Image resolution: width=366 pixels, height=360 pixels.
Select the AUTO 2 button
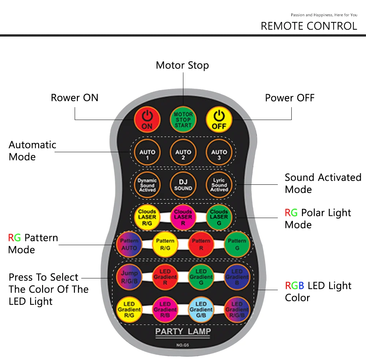tap(183, 154)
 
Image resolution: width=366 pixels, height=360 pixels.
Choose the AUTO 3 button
tap(219, 154)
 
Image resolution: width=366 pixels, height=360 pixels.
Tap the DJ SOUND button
tap(183, 185)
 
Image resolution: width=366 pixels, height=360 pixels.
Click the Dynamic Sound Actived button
tap(147, 185)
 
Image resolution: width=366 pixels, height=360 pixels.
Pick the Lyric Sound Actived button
tap(219, 185)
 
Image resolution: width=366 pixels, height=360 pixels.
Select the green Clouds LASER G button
tap(219, 217)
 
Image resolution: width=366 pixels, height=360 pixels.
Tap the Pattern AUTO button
tap(129, 244)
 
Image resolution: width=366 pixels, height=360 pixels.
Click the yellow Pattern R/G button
tap(165, 244)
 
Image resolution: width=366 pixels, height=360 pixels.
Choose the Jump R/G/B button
tap(129, 277)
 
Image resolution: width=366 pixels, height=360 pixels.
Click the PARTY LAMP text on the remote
tap(183, 331)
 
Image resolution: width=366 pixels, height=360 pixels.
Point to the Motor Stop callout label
tap(182, 65)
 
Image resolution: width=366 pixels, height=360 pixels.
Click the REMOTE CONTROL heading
tap(309, 26)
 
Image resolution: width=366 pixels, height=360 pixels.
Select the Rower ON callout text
tap(75, 98)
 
